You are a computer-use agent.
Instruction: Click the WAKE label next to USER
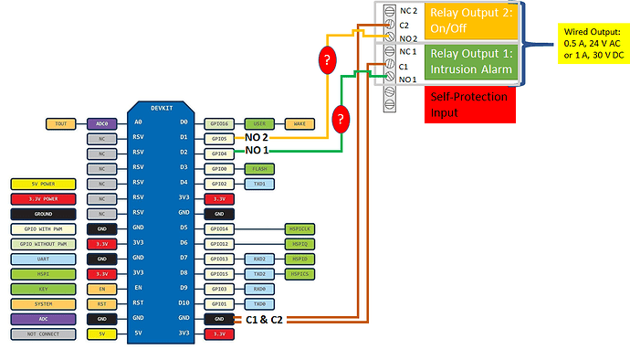click(299, 122)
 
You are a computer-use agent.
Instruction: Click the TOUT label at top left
click(61, 122)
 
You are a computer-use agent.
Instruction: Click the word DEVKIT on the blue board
click(161, 107)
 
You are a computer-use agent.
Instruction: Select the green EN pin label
click(100, 288)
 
